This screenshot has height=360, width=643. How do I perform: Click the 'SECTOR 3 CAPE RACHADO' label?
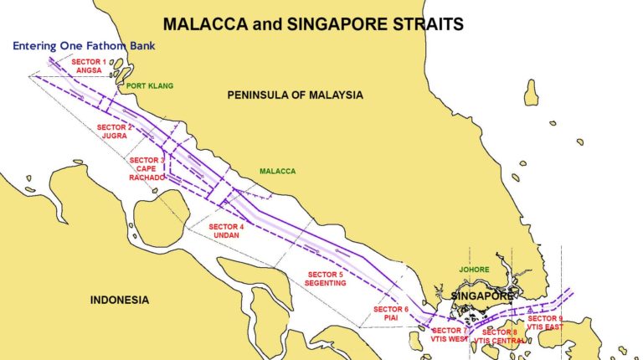(x=147, y=168)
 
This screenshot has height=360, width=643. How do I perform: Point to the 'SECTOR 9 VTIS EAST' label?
(x=545, y=323)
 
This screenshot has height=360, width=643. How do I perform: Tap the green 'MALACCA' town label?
(x=277, y=171)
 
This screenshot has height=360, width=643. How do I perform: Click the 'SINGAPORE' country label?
(x=481, y=296)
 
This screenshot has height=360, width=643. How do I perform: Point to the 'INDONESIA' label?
(x=120, y=300)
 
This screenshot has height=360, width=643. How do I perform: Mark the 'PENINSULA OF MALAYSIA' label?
(x=295, y=95)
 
